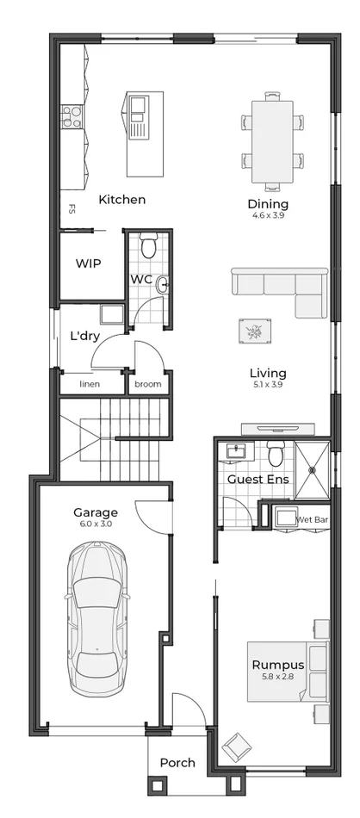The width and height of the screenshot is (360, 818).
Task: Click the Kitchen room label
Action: click(121, 200)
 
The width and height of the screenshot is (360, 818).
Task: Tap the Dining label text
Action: click(268, 204)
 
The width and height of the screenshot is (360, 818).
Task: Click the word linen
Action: click(90, 384)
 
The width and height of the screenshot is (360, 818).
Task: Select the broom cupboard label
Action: click(148, 384)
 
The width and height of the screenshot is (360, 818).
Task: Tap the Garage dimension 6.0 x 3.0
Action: click(96, 524)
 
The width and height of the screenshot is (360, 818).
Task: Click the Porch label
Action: click(177, 762)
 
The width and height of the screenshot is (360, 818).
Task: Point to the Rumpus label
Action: click(277, 665)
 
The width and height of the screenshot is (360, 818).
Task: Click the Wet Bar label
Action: click(312, 520)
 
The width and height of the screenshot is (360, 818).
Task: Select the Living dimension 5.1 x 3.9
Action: click(268, 385)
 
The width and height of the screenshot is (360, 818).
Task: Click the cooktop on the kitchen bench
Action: click(71, 116)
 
